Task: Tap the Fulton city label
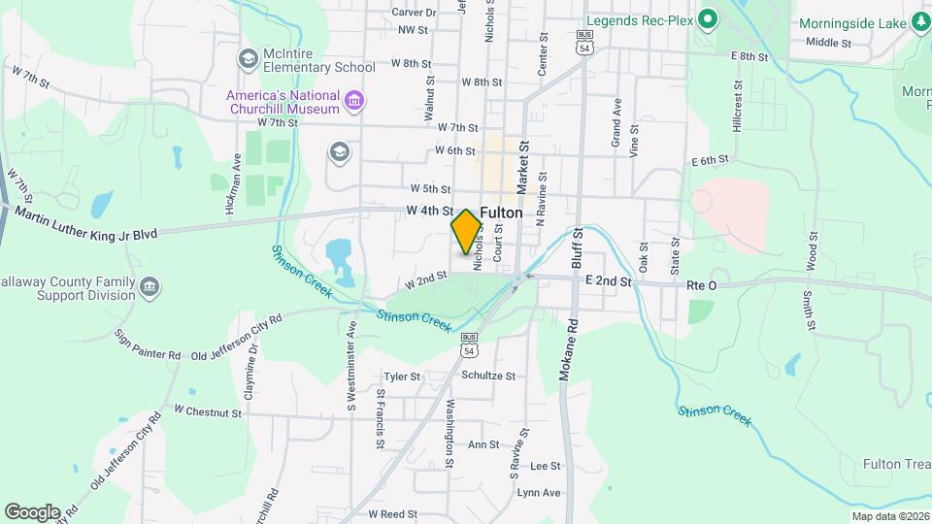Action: pyautogui.click(x=501, y=213)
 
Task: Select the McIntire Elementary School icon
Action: pyautogui.click(x=249, y=58)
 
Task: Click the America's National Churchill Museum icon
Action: pyautogui.click(x=354, y=100)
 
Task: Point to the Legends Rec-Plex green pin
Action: pyautogui.click(x=708, y=19)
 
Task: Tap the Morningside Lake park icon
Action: pyautogui.click(x=920, y=22)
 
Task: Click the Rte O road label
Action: pyautogui.click(x=701, y=284)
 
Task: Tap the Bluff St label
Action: pyautogui.click(x=579, y=248)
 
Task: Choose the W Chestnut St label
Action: pyautogui.click(x=207, y=412)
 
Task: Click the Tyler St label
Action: pyautogui.click(x=401, y=377)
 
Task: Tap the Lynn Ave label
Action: pyautogui.click(x=539, y=493)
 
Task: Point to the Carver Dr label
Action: pyautogui.click(x=414, y=13)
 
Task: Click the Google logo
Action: pyautogui.click(x=32, y=512)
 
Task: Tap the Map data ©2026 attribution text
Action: pyautogui.click(x=889, y=516)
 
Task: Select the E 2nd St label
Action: pyautogui.click(x=609, y=281)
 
